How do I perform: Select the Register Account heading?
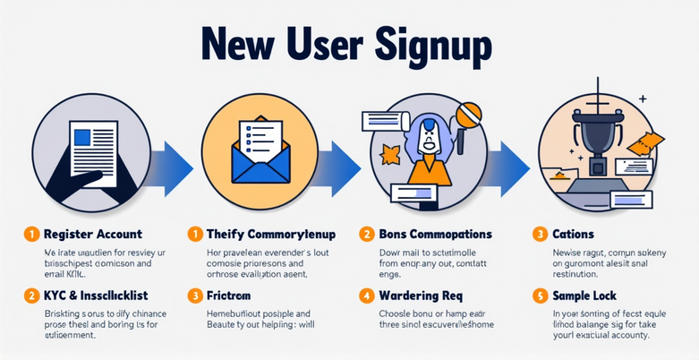coord(93,235)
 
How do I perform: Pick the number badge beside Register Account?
coord(30,235)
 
